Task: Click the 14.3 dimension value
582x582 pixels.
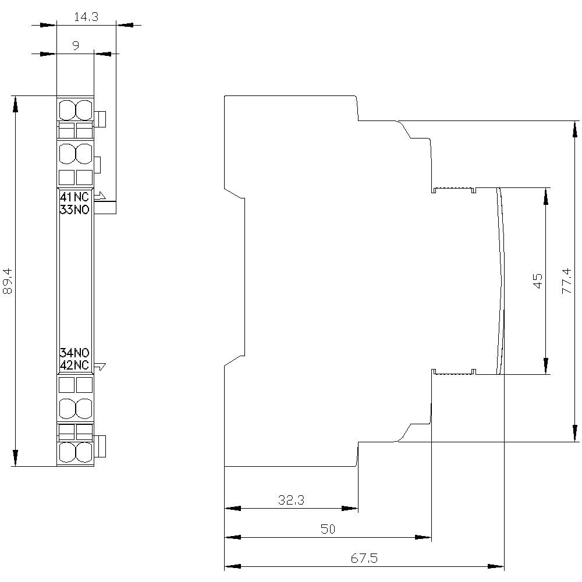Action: pyautogui.click(x=86, y=17)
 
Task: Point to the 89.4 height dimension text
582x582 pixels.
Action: pyautogui.click(x=8, y=281)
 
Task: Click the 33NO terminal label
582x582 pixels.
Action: pyautogui.click(x=74, y=210)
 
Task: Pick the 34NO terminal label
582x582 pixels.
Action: pyautogui.click(x=74, y=353)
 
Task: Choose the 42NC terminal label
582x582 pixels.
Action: pyautogui.click(x=74, y=365)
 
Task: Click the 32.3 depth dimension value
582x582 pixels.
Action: pyautogui.click(x=292, y=499)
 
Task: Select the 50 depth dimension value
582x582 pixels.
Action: pyautogui.click(x=328, y=529)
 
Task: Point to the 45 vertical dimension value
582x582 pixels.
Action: pyautogui.click(x=538, y=281)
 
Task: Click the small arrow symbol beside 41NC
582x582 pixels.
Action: pyautogui.click(x=100, y=196)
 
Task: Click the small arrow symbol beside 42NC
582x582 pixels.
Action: pyautogui.click(x=100, y=367)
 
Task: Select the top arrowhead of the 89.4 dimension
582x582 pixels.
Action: pyautogui.click(x=15, y=104)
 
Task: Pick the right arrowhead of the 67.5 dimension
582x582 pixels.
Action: pyautogui.click(x=496, y=566)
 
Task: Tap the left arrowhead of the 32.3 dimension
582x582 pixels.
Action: pyautogui.click(x=232, y=508)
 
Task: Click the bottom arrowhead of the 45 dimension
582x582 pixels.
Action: pyautogui.click(x=545, y=366)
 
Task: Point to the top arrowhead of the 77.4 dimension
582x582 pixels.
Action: pyautogui.click(x=575, y=129)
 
